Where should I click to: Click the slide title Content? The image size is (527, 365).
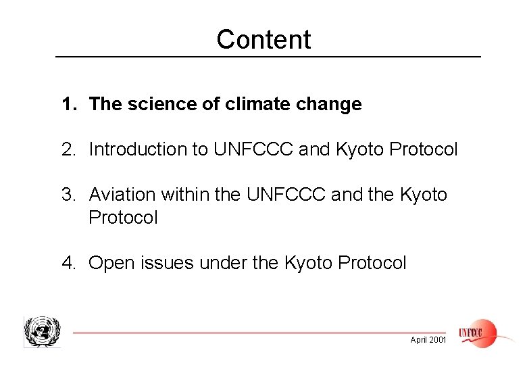(x=263, y=39)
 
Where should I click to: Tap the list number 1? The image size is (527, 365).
(x=68, y=105)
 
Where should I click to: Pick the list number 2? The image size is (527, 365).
(x=68, y=149)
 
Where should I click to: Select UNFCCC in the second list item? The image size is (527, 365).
(x=253, y=149)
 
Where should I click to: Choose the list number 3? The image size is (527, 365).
(x=68, y=195)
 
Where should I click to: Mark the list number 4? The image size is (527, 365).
(x=68, y=263)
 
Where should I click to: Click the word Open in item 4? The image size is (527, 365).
(x=107, y=263)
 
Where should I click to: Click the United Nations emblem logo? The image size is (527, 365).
(x=42, y=332)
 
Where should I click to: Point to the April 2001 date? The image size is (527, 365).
(x=428, y=340)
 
